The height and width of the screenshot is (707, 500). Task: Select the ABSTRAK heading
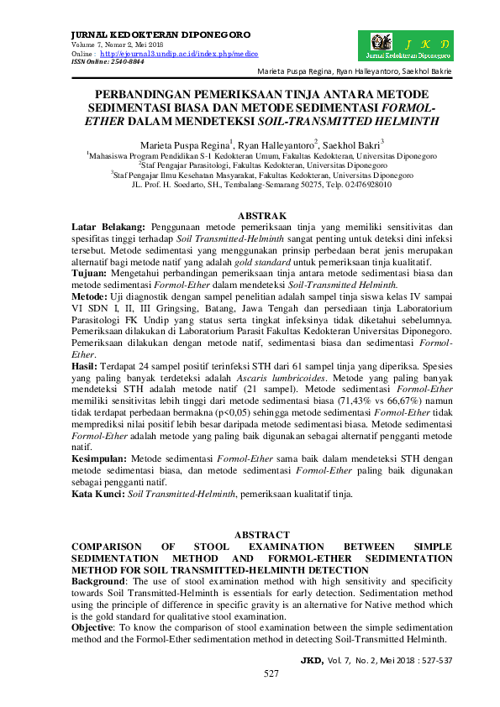pyautogui.click(x=262, y=216)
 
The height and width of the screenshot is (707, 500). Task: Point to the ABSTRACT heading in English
pyautogui.click(x=262, y=535)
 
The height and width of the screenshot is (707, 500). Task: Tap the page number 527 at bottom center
pyautogui.click(x=271, y=674)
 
